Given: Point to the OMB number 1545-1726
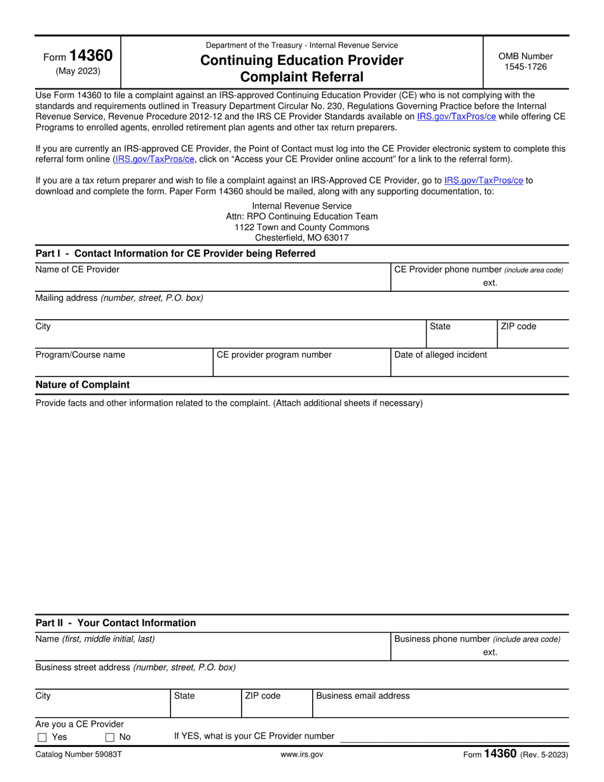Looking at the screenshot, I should point(525,66).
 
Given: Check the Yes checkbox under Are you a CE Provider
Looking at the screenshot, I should point(43,737).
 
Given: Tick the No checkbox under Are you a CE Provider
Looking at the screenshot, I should point(110,737).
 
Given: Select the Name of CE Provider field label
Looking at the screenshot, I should point(77,270).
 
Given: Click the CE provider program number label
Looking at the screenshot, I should point(274,355).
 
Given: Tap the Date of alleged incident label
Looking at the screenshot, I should point(441,355).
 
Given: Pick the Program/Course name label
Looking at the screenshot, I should point(80,355).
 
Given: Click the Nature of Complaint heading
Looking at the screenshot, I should point(82,385).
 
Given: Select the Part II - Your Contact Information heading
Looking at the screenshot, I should point(116,623).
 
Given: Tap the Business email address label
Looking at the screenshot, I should point(362,696).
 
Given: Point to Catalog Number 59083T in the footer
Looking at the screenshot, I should point(77,755).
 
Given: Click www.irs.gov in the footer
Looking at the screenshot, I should point(301,755).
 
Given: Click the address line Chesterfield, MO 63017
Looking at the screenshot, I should point(301,238).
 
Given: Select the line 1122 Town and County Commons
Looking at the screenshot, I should point(301,227).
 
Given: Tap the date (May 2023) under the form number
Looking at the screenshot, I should point(78,71).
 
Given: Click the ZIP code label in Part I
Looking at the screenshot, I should point(518,326).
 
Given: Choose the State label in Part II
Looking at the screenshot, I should point(184,696).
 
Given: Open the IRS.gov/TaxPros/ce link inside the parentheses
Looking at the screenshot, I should point(154,160).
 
